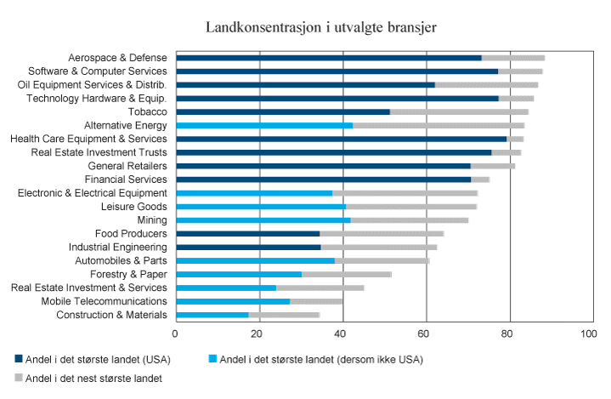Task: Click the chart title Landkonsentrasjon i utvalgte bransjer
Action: pos(321,27)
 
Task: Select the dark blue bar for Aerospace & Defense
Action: pos(328,58)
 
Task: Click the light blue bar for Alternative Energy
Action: pos(264,125)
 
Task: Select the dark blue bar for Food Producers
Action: pos(247,233)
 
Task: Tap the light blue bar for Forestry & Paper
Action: pos(239,274)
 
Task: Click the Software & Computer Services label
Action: pos(97,71)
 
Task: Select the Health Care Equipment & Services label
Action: pos(88,139)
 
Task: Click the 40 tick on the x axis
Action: pos(342,334)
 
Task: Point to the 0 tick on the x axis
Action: pos(175,334)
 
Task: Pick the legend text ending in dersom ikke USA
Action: pos(320,359)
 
